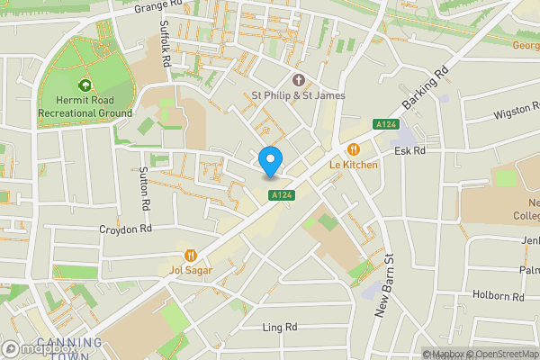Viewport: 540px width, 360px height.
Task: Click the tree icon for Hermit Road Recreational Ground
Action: (85, 85)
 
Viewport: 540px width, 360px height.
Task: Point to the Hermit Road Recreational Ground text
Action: (85, 106)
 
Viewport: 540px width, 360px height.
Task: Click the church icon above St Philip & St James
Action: (297, 79)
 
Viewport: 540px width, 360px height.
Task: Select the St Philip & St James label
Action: (297, 95)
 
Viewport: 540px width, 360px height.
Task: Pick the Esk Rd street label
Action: (409, 151)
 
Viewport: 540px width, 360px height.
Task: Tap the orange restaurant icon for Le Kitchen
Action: (354, 149)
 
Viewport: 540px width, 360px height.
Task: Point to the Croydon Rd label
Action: (126, 229)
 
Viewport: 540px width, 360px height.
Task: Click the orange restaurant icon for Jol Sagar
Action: (190, 255)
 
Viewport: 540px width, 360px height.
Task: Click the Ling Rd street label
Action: (279, 328)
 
